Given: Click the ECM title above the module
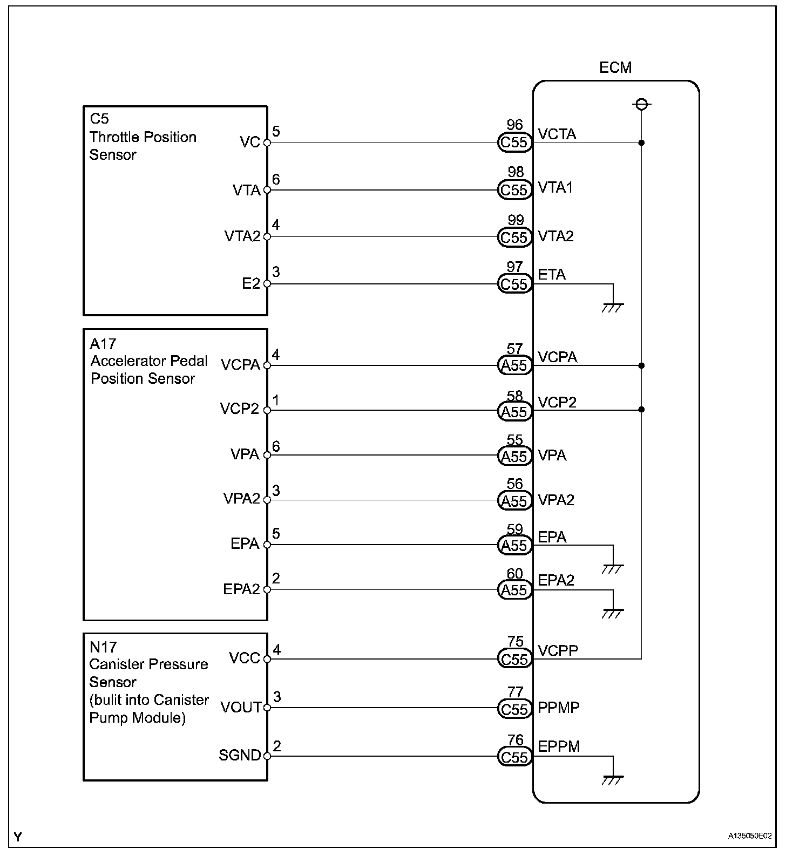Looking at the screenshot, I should (615, 67).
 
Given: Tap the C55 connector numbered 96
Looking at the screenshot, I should (514, 142).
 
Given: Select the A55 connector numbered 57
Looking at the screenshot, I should (514, 365).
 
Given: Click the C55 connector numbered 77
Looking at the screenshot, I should (514, 709).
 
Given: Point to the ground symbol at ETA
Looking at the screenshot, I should (613, 307).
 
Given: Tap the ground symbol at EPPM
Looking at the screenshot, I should (613, 780).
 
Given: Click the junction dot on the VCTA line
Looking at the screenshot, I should (641, 143).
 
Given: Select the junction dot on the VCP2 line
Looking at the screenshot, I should (641, 410).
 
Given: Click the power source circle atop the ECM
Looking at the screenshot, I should (641, 104).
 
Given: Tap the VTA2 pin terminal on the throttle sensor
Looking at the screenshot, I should (267, 237).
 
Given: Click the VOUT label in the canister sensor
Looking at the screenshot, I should (241, 707).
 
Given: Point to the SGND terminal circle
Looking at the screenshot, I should (267, 756).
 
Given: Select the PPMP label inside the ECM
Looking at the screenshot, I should (559, 708).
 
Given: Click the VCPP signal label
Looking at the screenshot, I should (558, 650).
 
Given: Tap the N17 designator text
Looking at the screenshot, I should (103, 647).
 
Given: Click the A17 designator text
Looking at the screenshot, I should (103, 343).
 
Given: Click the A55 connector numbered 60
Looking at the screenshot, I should (514, 590).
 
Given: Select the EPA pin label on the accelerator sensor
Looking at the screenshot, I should (245, 544).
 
